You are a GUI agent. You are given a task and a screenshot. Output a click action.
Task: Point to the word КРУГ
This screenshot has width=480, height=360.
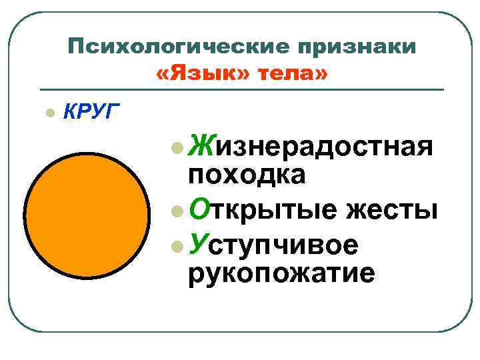(x=90, y=110)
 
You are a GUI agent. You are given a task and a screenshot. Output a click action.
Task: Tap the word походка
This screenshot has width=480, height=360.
(x=247, y=174)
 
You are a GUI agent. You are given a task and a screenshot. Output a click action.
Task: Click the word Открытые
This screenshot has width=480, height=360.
(x=264, y=210)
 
